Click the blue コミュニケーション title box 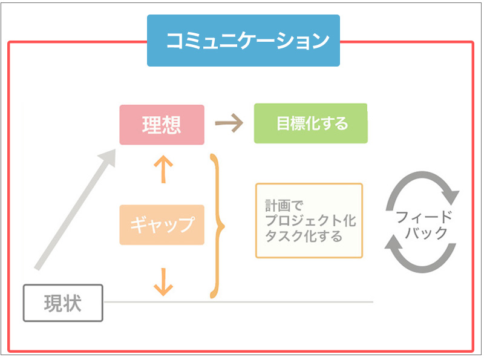tap(243, 41)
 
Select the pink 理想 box tap(162, 125)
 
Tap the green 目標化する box tap(310, 123)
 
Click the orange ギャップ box tap(162, 224)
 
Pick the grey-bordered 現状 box tap(63, 303)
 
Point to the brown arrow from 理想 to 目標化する tap(229, 123)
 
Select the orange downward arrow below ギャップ tap(162, 281)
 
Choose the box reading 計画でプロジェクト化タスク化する tap(309, 220)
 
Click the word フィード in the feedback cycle tap(423, 217)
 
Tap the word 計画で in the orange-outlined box tap(279, 205)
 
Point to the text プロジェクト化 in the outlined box tap(309, 220)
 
